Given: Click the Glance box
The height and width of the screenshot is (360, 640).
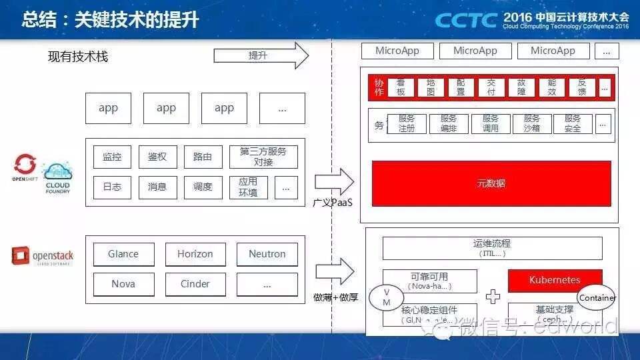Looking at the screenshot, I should [123, 254].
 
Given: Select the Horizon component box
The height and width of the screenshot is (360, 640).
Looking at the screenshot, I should [195, 254].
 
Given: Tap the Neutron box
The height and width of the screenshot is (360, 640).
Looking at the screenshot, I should [267, 254].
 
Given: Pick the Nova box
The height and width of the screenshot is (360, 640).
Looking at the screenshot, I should [123, 284].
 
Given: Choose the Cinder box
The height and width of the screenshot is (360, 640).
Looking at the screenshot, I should [195, 284].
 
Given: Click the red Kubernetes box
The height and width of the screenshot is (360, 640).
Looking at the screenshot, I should [555, 280].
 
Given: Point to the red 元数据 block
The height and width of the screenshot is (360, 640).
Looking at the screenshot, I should [491, 183].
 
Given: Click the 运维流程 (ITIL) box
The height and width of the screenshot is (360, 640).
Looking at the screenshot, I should [492, 249].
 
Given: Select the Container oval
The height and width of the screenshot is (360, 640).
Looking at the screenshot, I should [597, 298].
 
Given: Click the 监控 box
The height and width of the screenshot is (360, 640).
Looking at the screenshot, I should [112, 157].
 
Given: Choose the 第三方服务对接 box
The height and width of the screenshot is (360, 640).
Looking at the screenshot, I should [263, 157].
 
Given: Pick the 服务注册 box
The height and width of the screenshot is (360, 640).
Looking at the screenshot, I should [406, 123].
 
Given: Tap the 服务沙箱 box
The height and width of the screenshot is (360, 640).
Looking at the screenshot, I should [531, 123].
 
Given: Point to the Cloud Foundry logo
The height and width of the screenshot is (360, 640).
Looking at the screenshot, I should [57, 179].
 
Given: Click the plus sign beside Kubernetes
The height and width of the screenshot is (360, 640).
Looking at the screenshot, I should [493, 297].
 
